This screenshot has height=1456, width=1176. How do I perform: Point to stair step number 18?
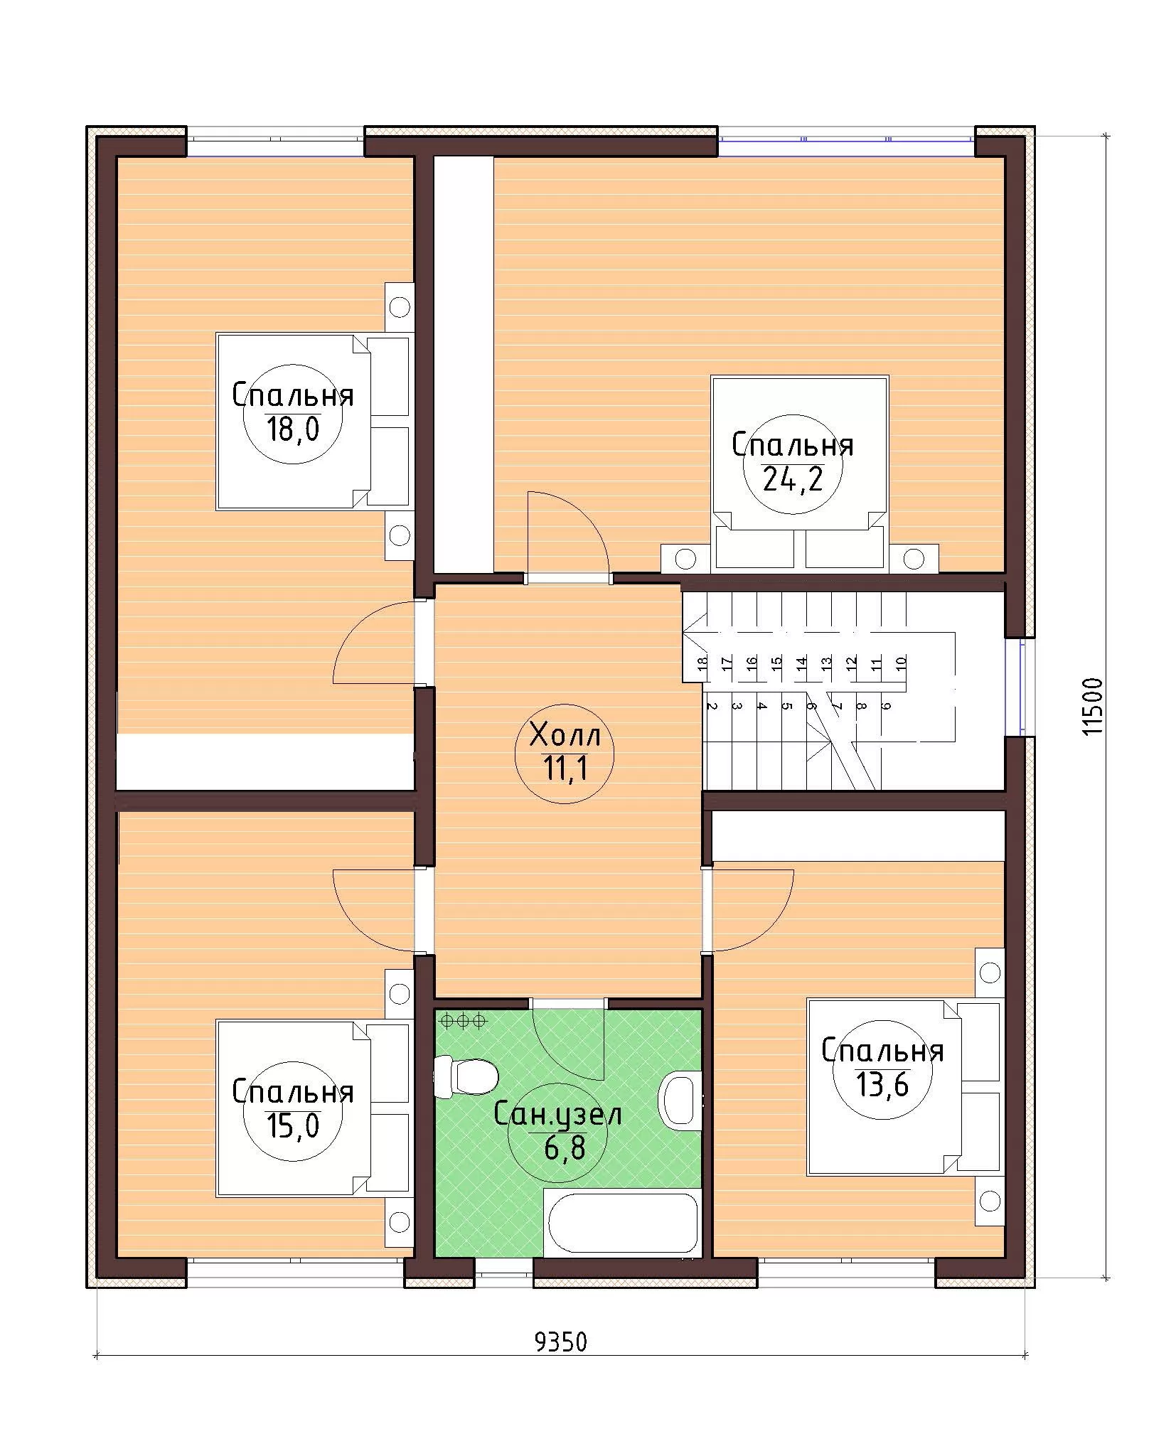(x=702, y=663)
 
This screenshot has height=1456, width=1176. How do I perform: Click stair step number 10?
(x=902, y=663)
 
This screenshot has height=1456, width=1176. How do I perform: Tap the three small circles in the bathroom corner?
(x=464, y=1021)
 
